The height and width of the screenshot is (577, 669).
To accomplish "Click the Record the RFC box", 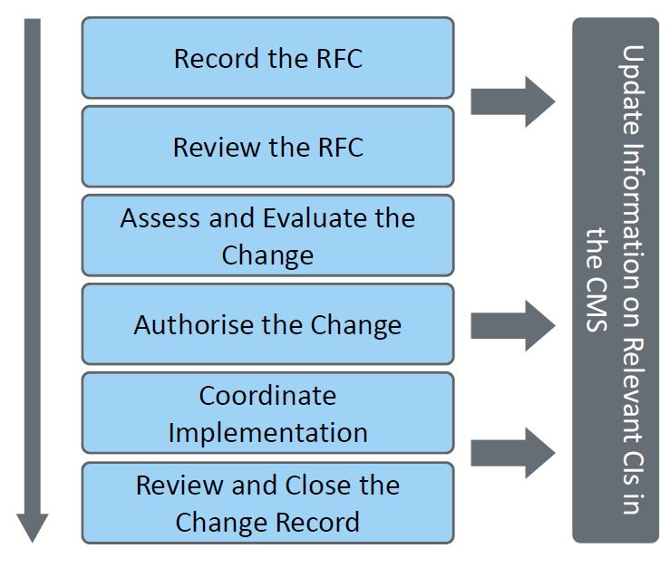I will click(267, 58).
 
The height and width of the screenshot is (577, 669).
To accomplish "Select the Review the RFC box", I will click(267, 147).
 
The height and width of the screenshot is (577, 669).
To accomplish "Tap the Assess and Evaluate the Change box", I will click(267, 236).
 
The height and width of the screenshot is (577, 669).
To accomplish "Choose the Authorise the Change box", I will click(267, 324).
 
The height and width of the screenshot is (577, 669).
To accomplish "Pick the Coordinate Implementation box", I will click(267, 413).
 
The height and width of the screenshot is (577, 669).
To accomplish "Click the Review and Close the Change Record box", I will click(267, 503).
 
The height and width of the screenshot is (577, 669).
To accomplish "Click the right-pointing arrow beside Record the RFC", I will click(512, 101).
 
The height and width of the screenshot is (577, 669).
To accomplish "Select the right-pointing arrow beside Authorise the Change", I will click(512, 324).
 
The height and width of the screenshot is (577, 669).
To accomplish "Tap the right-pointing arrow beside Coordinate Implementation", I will click(512, 450).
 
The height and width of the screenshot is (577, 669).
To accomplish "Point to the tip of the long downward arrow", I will click(33, 540).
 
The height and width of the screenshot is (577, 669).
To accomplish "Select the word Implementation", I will click(267, 432).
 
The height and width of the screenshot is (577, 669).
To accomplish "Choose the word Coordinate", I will click(267, 396).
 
